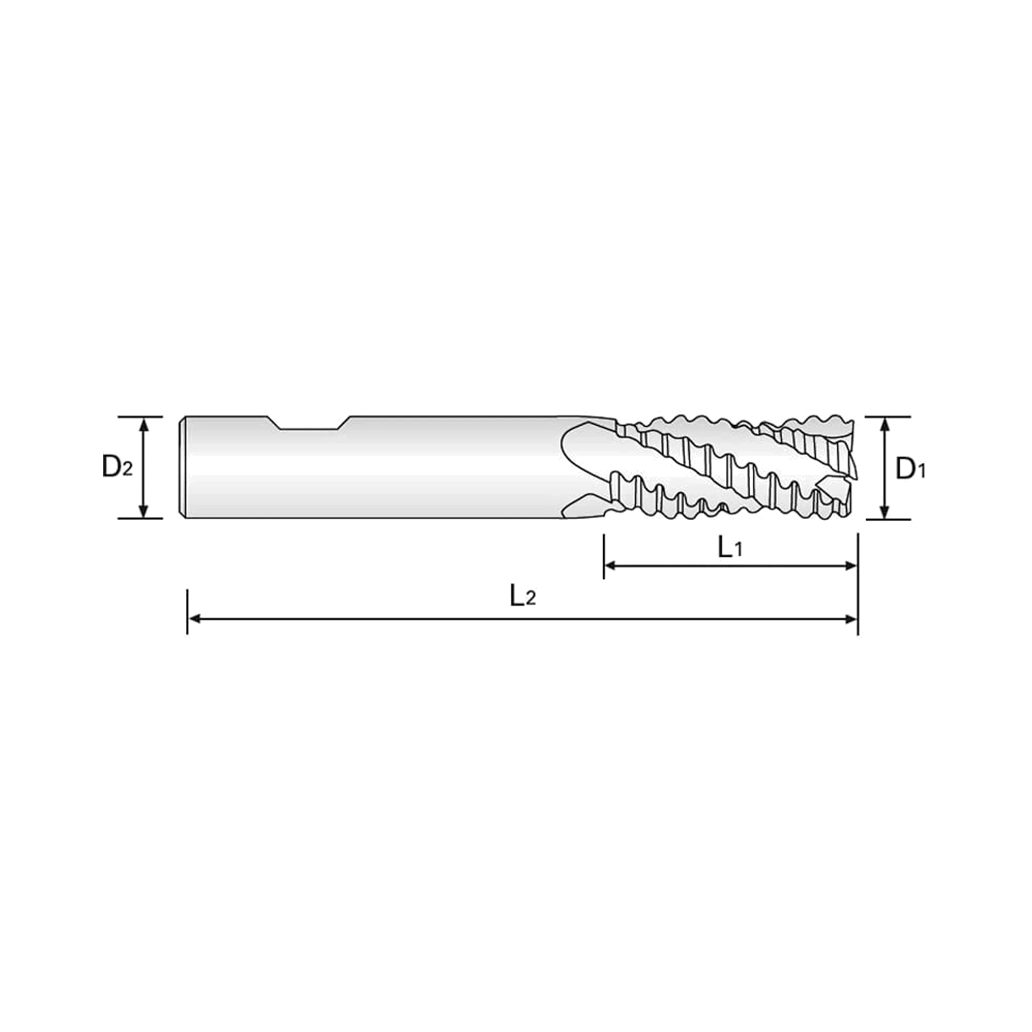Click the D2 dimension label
pyautogui.click(x=117, y=467)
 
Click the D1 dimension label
pyautogui.click(x=911, y=469)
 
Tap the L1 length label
pyautogui.click(x=730, y=548)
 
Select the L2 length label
pyautogui.click(x=522, y=595)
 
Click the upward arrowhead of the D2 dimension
pyautogui.click(x=143, y=424)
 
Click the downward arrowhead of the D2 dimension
pyautogui.click(x=143, y=511)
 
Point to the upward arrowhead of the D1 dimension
pyautogui.click(x=885, y=425)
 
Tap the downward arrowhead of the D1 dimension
pyautogui.click(x=885, y=511)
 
